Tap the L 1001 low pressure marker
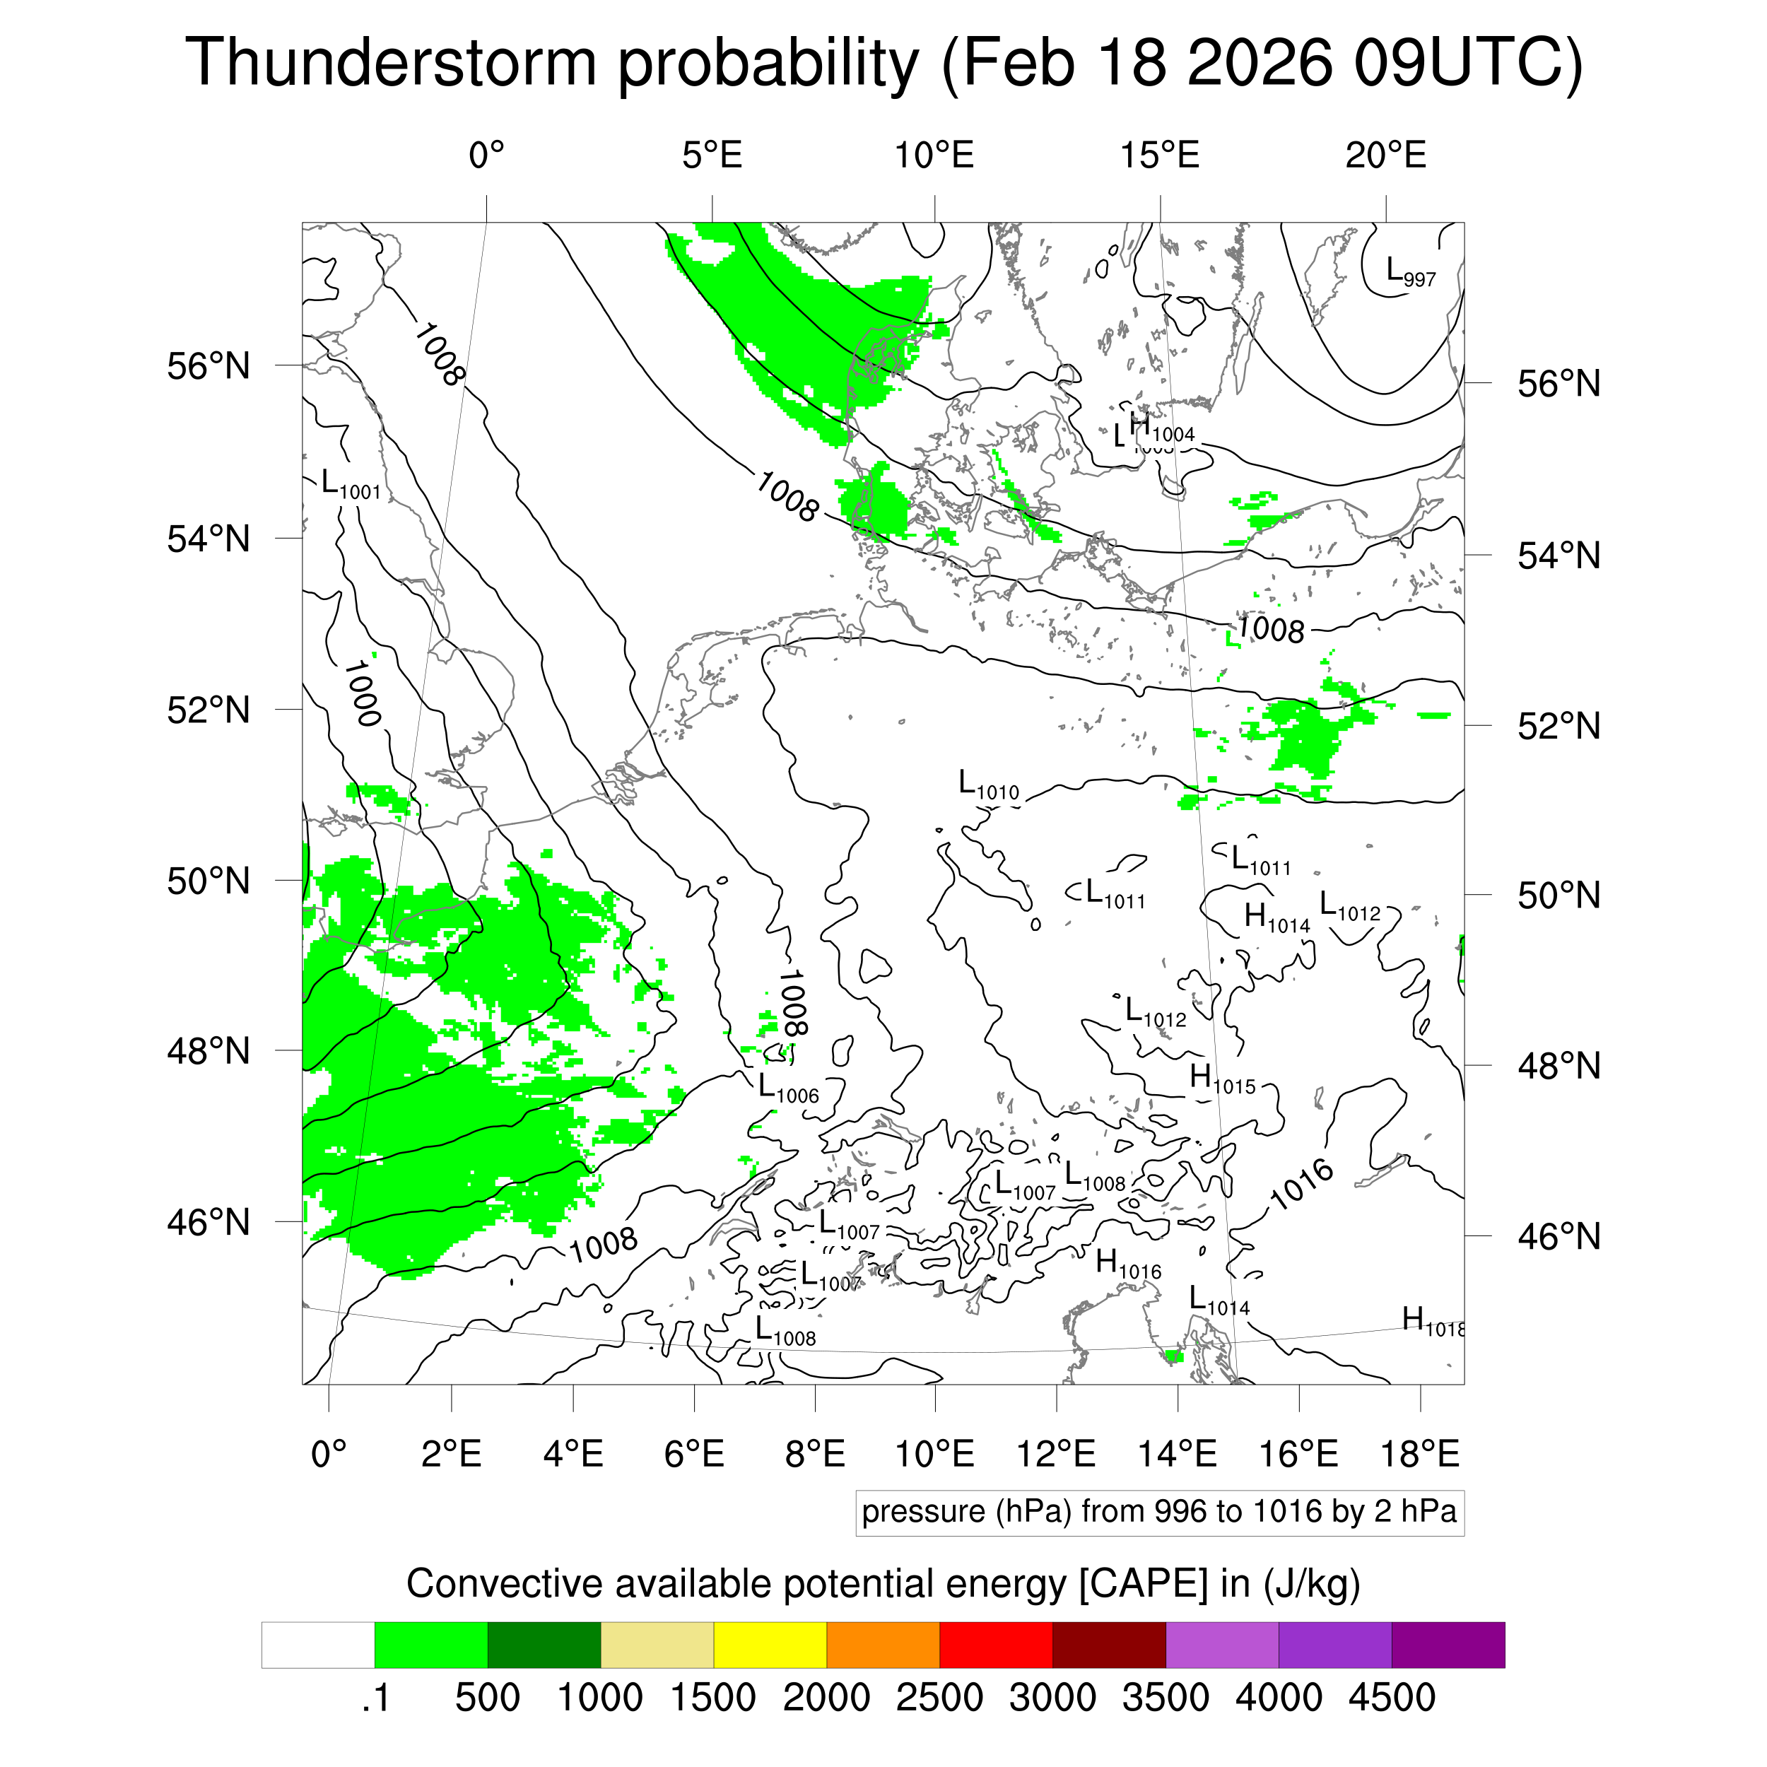[351, 485]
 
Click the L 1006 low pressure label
[787, 1088]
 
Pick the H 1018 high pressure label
[1432, 1322]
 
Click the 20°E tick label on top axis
[1385, 155]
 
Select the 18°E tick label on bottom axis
[1419, 1453]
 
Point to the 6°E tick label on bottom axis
[694, 1453]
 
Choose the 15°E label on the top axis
[1160, 155]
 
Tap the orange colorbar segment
[883, 1645]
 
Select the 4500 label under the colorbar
[1391, 1698]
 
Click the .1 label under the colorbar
[375, 1698]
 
